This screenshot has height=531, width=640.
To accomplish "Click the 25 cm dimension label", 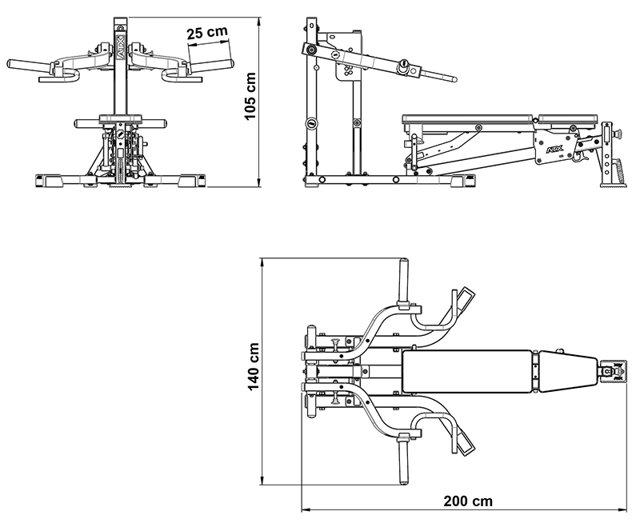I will click(206, 33).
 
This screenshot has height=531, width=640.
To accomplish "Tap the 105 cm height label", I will click(250, 97).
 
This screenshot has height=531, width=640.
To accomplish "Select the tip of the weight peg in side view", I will click(454, 79).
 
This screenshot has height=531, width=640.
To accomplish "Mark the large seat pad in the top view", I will click(467, 370).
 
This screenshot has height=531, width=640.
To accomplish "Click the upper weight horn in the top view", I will click(404, 280).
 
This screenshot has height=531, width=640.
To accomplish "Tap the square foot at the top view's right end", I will click(611, 371).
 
